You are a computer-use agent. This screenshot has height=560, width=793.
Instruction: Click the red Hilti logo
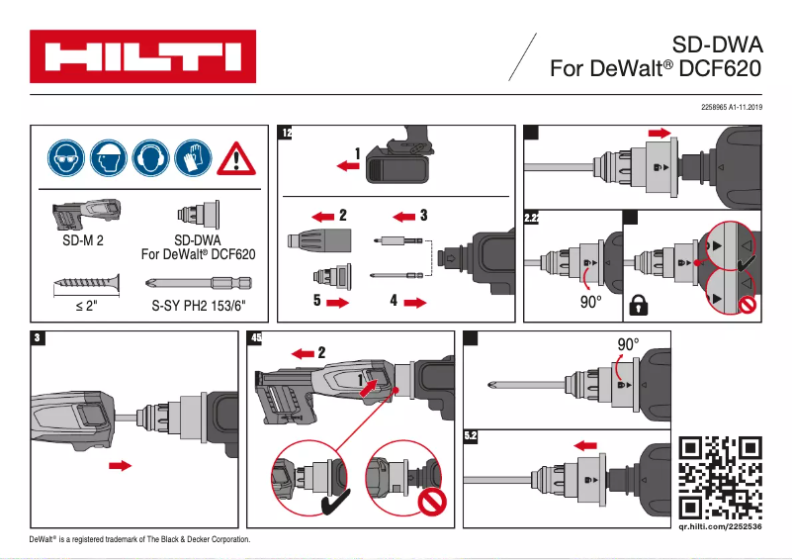point(142,56)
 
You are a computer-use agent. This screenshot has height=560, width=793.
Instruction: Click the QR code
point(722,478)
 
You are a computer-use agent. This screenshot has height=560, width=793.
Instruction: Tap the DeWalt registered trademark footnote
point(139,540)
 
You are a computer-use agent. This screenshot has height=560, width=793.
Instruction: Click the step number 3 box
point(37,338)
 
